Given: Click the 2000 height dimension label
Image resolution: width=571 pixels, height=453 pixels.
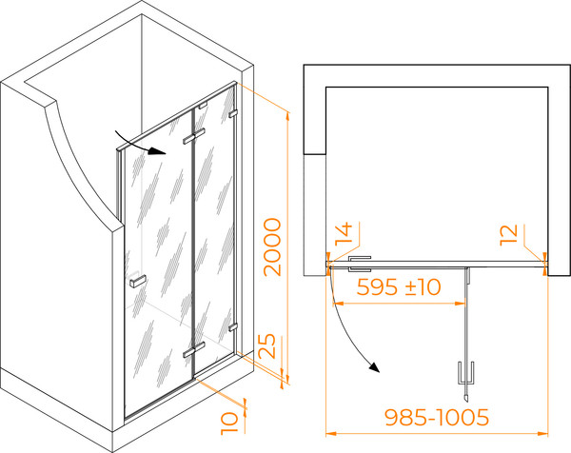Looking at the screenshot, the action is pyautogui.click(x=273, y=246).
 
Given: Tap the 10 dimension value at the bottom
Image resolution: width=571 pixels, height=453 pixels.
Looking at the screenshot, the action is pyautogui.click(x=229, y=423).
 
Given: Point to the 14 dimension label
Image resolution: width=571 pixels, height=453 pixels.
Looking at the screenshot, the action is pyautogui.click(x=345, y=234).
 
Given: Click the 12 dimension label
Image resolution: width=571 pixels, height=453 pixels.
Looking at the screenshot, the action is pyautogui.click(x=508, y=235).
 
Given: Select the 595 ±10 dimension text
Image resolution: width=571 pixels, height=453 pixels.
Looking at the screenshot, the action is pyautogui.click(x=399, y=287).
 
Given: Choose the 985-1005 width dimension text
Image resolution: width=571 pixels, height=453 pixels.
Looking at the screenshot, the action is pyautogui.click(x=437, y=418).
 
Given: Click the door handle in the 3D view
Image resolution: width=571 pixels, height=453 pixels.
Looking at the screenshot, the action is pyautogui.click(x=138, y=281).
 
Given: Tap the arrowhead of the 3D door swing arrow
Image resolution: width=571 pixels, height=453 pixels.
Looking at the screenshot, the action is pyautogui.click(x=157, y=150).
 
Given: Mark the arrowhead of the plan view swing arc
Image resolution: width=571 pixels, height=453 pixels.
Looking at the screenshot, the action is pyautogui.click(x=374, y=367).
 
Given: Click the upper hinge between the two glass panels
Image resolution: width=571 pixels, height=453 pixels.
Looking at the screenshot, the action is pyautogui.click(x=194, y=136).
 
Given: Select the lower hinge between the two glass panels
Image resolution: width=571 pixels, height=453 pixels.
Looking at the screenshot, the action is pyautogui.click(x=194, y=349).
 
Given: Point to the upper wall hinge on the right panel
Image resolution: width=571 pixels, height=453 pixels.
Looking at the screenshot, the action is pyautogui.click(x=233, y=113).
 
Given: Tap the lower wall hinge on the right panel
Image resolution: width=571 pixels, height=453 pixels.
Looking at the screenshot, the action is pyautogui.click(x=233, y=327).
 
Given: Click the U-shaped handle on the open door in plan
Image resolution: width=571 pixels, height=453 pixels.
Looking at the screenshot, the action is pyautogui.click(x=466, y=373).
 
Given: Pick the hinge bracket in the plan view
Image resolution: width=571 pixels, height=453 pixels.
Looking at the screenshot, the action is pyautogui.click(x=360, y=264).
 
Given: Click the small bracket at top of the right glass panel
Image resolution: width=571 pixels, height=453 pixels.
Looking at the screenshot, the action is pyautogui.click(x=203, y=106).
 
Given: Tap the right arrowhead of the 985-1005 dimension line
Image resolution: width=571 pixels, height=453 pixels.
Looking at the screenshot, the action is pyautogui.click(x=543, y=433).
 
